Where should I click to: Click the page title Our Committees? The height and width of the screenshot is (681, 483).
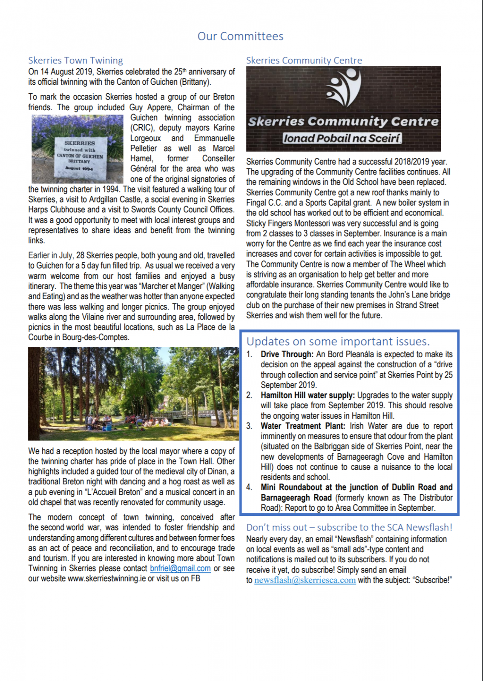240,36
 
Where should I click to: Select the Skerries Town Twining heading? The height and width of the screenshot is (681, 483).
75,60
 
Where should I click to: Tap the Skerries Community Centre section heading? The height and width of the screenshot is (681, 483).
304,60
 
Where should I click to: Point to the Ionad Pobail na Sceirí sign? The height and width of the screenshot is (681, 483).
342,138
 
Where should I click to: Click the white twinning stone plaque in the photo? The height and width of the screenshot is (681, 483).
80,156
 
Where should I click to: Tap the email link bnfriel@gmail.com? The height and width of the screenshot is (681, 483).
180,568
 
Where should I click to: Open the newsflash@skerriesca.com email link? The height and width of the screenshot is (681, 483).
305,580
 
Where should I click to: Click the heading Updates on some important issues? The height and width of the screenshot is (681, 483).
338,341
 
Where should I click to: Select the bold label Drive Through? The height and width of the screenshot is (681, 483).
287,354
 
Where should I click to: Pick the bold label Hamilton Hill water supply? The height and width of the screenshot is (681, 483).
308,395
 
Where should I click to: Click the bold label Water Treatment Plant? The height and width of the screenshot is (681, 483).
303,426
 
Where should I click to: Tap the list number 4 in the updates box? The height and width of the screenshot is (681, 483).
249,487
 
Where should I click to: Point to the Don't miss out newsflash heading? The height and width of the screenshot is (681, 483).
349,527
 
